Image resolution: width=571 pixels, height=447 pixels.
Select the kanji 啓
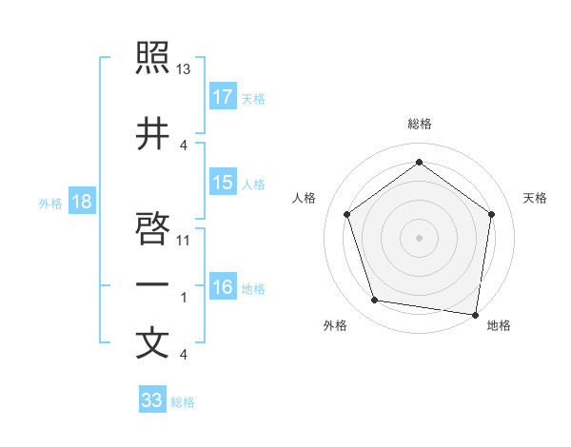point(152,229)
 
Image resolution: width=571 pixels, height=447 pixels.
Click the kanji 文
point(152,343)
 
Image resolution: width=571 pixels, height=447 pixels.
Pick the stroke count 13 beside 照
point(184,69)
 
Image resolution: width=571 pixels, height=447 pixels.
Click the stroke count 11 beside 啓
point(184,241)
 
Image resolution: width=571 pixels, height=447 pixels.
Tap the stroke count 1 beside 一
point(184,298)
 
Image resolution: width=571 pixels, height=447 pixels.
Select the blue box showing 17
point(223,97)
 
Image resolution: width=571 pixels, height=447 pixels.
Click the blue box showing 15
point(223,183)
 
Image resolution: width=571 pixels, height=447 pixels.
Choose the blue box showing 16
point(223,287)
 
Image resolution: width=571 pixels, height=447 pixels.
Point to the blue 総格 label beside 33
point(183,402)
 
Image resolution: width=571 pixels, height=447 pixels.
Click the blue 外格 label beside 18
point(49,203)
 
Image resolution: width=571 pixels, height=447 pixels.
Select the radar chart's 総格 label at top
point(419,124)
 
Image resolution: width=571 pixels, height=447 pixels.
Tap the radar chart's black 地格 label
point(499,326)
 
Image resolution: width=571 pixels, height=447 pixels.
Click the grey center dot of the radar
point(419,237)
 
